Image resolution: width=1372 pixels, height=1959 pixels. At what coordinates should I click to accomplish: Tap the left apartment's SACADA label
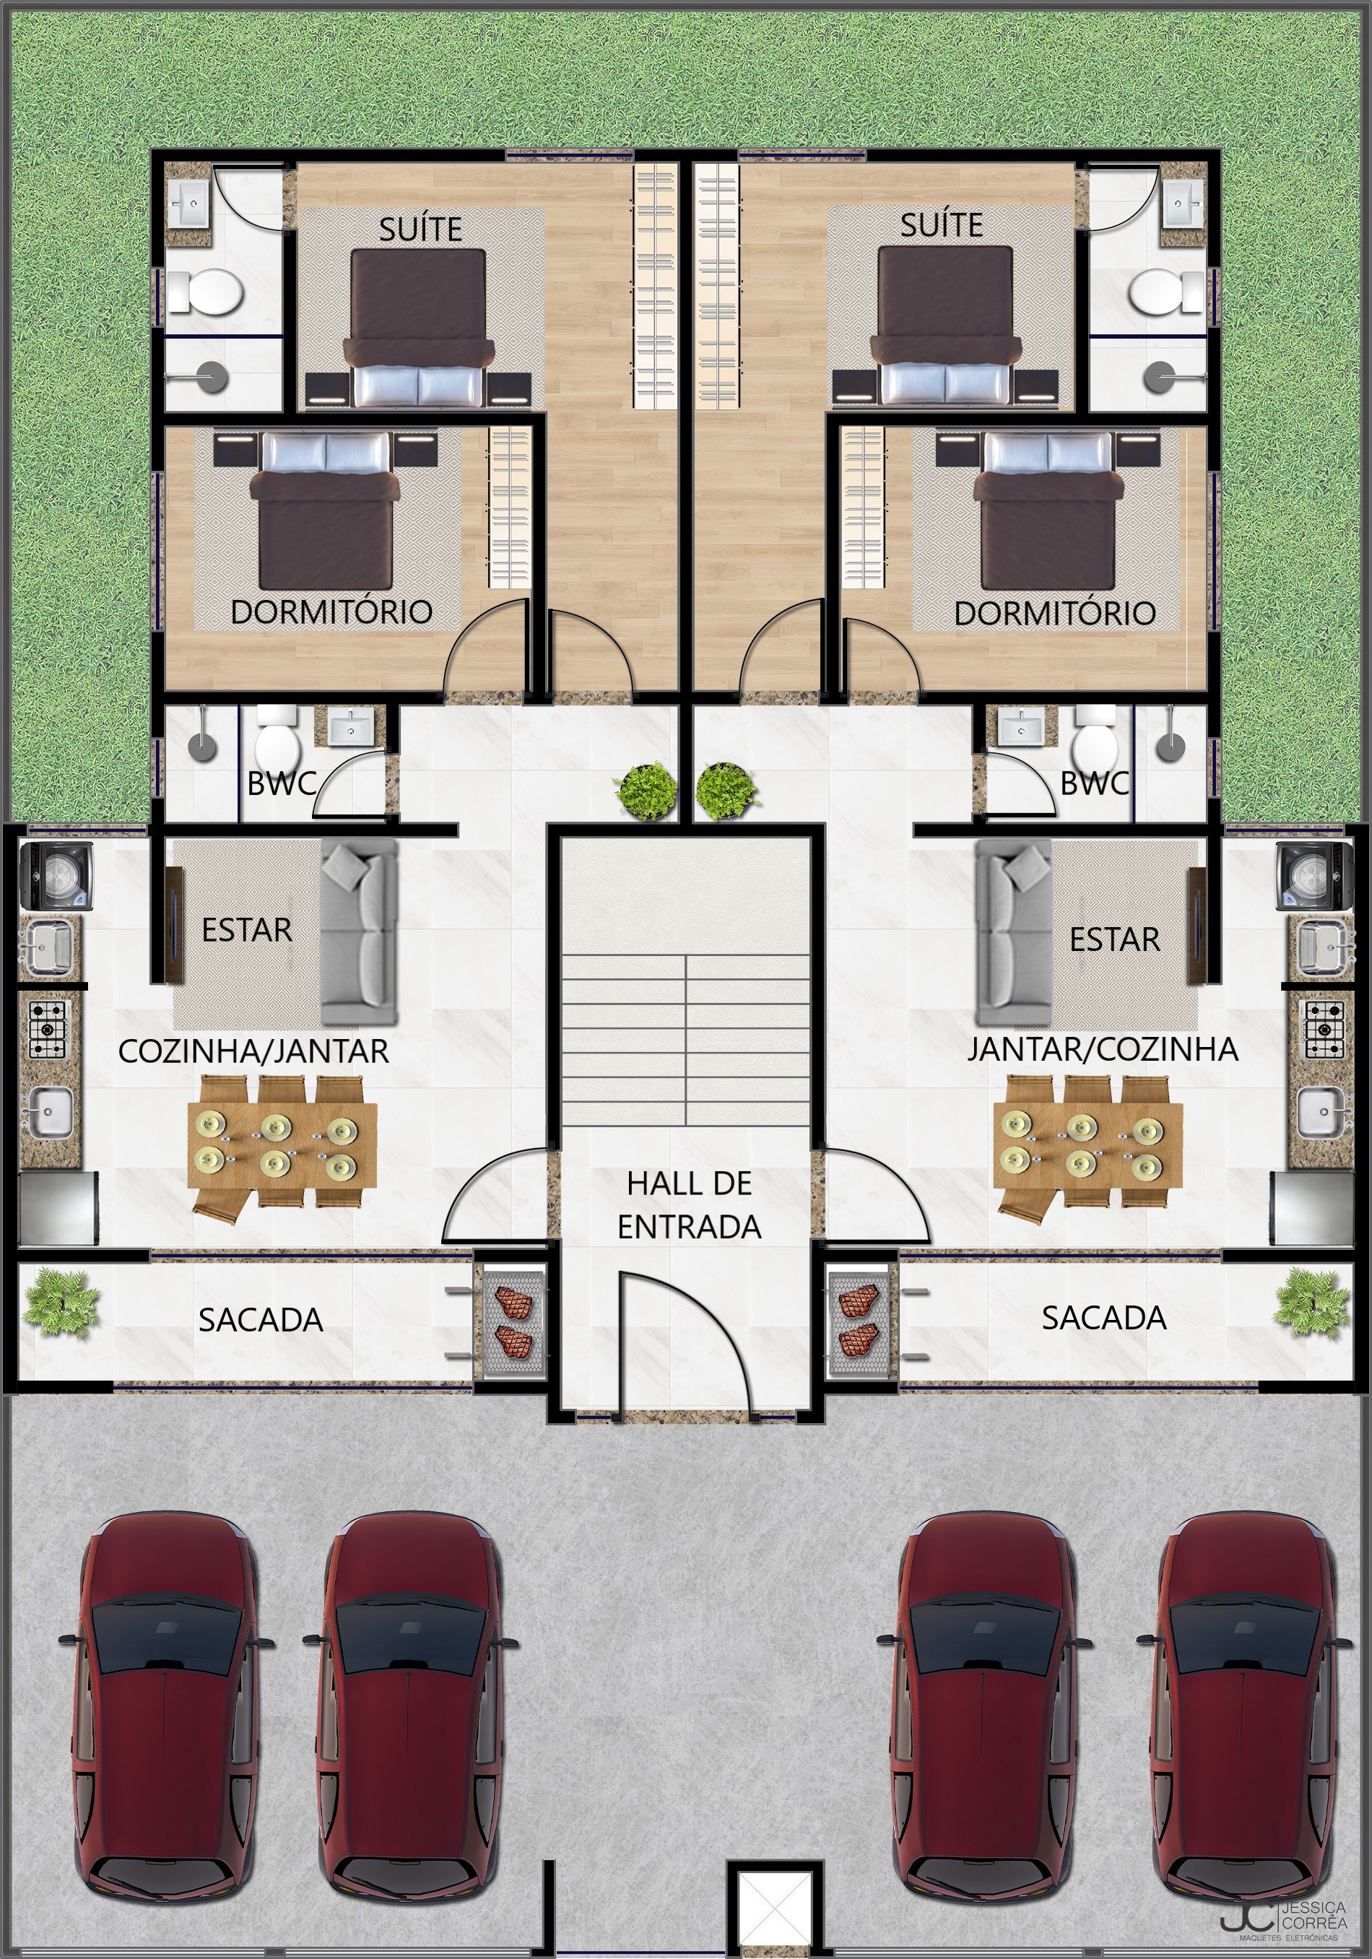[261, 1320]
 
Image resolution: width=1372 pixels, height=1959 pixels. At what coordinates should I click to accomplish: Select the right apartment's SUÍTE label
[942, 225]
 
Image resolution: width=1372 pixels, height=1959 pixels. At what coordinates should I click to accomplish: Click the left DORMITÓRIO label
[332, 612]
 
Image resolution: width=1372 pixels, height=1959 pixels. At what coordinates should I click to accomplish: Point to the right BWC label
[1095, 783]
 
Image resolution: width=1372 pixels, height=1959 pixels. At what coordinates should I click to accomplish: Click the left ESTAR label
[246, 929]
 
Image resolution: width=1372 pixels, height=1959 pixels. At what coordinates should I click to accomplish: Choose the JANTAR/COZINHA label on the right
[1103, 1048]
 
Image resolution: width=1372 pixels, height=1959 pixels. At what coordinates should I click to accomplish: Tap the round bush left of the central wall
[646, 791]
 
